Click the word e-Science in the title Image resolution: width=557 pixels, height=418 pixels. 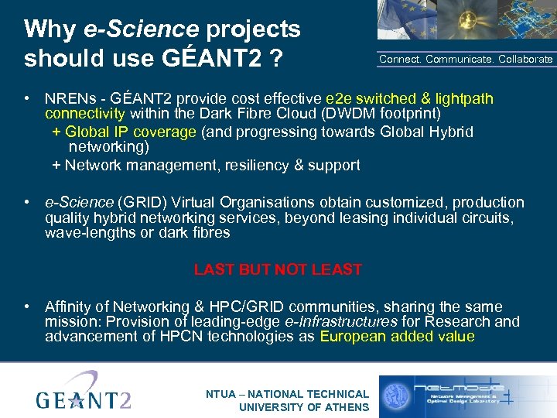click(141, 29)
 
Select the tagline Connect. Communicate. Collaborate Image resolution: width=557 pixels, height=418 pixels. click(466, 59)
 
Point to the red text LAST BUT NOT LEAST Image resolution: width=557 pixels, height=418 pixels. click(278, 269)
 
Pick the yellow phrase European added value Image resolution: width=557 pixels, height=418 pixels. click(397, 336)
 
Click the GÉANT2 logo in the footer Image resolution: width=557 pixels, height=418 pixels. click(84, 392)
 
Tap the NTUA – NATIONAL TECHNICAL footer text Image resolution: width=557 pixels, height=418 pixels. click(287, 394)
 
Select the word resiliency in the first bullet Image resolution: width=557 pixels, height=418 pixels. click(242, 165)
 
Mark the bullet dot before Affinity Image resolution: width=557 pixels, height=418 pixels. click(27, 307)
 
